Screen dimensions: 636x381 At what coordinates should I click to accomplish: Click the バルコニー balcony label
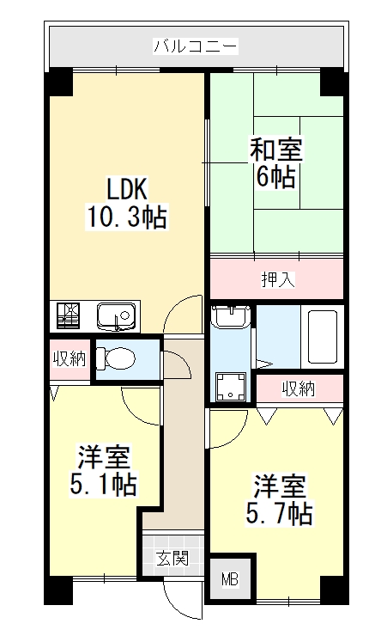pos(196,46)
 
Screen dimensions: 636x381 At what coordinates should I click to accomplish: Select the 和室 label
pos(275,150)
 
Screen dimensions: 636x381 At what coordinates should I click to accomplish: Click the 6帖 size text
pos(275,177)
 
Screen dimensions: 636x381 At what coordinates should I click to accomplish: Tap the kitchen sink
pos(115,316)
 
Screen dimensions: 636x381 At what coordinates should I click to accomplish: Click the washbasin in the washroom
pos(230,317)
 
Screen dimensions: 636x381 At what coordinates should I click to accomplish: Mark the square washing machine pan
pos(230,387)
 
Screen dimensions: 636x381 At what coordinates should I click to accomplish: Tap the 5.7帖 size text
pos(278,514)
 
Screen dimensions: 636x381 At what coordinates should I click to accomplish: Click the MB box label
pos(230,578)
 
